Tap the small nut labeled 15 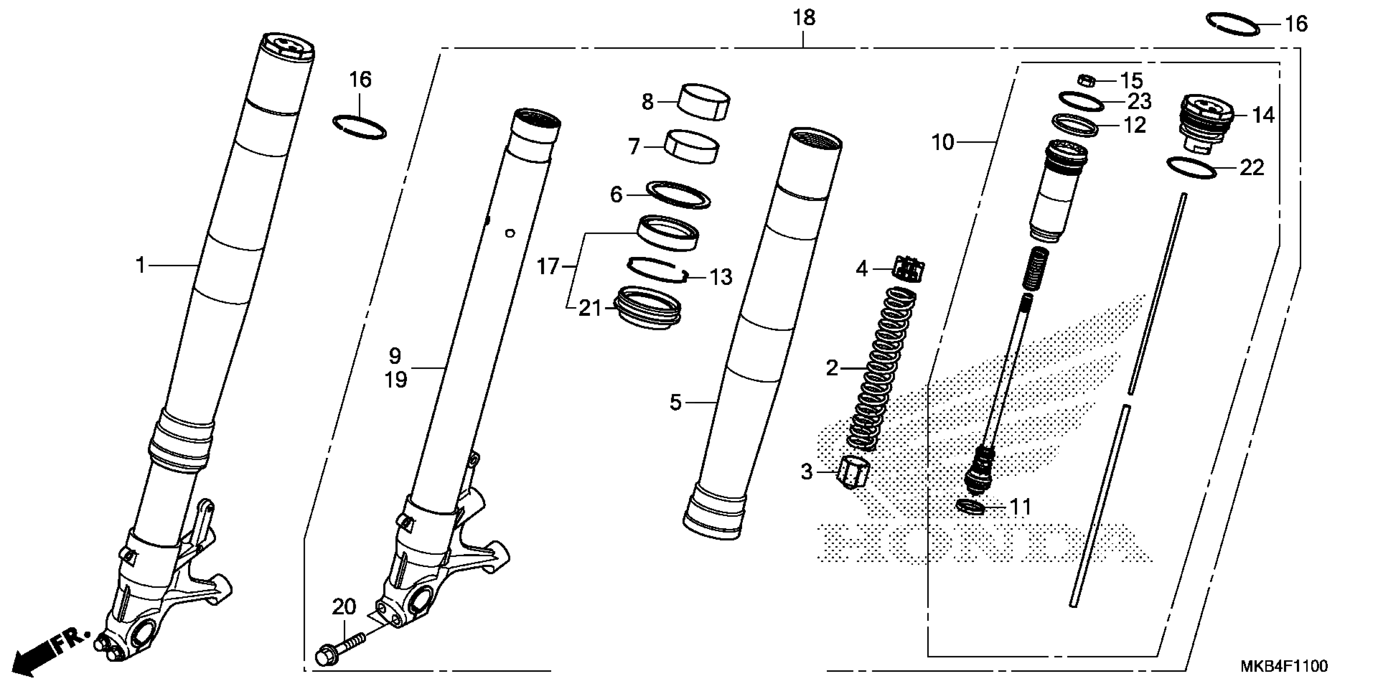tap(1085, 81)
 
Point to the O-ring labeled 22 tap(1191, 167)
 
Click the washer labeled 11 tap(970, 506)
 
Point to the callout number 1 tap(140, 265)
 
